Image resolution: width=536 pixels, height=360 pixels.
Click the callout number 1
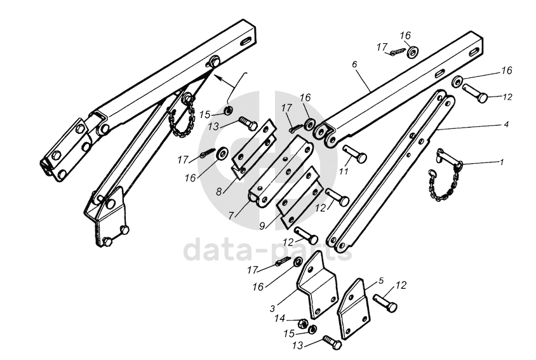pyautogui.click(x=502, y=163)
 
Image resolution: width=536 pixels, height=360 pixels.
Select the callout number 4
pyautogui.click(x=506, y=124)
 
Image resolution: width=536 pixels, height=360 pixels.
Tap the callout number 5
pyautogui.click(x=381, y=279)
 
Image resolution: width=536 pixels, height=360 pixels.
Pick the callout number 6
pyautogui.click(x=354, y=65)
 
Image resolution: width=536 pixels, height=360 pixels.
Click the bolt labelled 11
pyautogui.click(x=354, y=154)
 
